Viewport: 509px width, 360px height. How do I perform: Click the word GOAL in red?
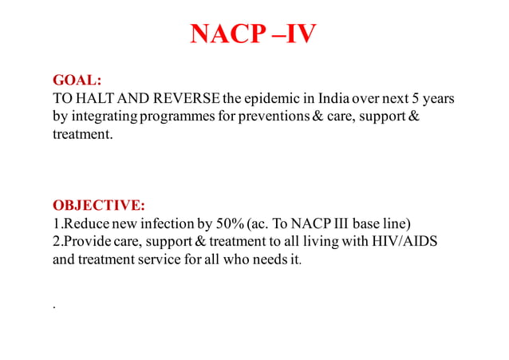[77, 81]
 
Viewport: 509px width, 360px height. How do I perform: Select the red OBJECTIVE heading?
[98, 205]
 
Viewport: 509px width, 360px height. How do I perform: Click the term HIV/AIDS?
[406, 241]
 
